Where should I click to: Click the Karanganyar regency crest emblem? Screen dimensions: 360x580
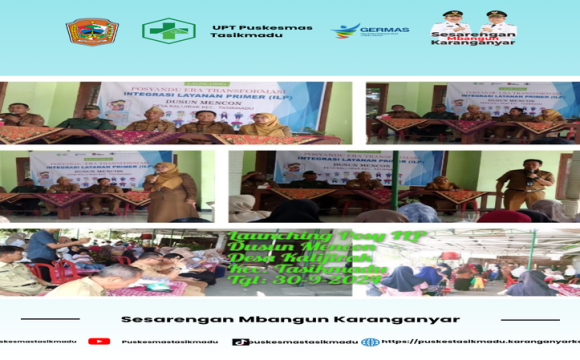[x=91, y=31]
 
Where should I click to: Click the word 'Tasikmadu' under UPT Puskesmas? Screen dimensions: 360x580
[x=240, y=36]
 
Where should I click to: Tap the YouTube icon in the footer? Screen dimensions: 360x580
[x=98, y=341]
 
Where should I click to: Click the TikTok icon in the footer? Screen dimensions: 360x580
[x=239, y=341]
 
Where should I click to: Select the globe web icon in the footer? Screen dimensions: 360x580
[x=370, y=341]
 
